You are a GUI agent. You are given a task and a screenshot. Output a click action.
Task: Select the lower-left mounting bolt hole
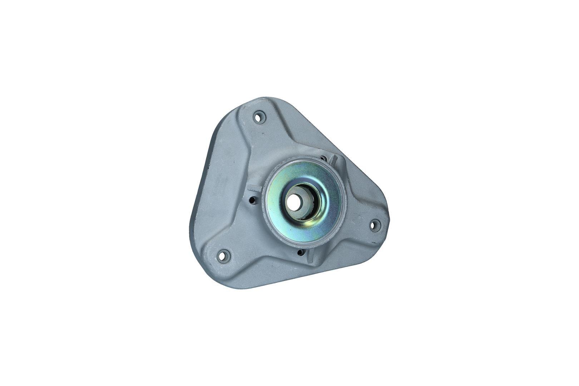(224, 255)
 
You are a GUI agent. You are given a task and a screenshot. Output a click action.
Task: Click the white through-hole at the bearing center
(296, 204)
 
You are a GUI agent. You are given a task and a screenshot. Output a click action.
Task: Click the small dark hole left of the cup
(253, 201)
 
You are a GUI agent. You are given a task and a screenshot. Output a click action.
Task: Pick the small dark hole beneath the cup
(299, 253)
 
